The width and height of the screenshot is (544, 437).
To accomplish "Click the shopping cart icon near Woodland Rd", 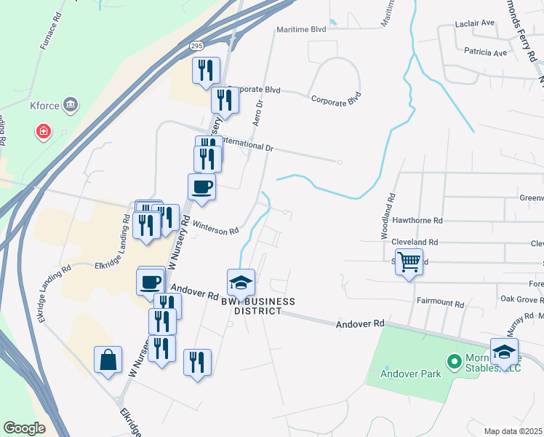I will [409, 261].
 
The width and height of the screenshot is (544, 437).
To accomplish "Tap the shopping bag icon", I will [108, 360].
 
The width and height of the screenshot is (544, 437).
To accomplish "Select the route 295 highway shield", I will [196, 45].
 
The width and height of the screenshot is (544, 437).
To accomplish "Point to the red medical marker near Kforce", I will [44, 131].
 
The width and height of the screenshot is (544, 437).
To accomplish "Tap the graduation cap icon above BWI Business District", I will [241, 281].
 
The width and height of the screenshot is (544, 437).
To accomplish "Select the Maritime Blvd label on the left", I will [301, 30].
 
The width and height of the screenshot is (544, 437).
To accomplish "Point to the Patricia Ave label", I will [485, 53].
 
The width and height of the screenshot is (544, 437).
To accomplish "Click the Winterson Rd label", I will [214, 228].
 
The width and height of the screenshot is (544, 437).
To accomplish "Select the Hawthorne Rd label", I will [417, 220].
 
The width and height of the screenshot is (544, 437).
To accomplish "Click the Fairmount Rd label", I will [440, 302].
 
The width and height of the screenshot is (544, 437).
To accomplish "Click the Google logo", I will [25, 428].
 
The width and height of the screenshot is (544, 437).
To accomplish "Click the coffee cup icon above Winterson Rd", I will [201, 187].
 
